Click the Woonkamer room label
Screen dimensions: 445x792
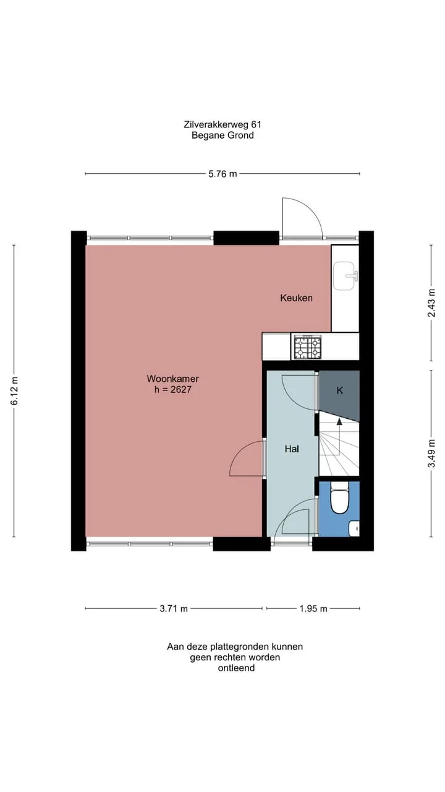(172, 379)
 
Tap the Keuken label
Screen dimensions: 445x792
(296, 298)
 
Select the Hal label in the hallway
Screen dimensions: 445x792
(292, 449)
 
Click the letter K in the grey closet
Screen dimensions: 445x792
(340, 390)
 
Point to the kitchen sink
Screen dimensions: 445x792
(345, 276)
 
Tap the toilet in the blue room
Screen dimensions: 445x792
(340, 499)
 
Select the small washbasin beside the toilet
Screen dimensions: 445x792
(354, 529)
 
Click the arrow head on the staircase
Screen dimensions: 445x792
(339, 421)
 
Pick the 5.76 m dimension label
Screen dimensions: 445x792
(222, 174)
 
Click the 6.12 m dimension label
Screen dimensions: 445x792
(14, 390)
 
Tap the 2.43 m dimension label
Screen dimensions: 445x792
(431, 303)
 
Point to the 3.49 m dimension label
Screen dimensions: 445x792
(431, 454)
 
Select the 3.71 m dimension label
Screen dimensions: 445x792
(174, 609)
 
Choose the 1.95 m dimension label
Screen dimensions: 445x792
(313, 609)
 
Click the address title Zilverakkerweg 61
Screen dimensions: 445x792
(222, 124)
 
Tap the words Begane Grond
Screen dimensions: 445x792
(222, 136)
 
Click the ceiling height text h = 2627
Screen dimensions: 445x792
(172, 390)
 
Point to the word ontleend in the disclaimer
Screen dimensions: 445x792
(236, 668)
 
